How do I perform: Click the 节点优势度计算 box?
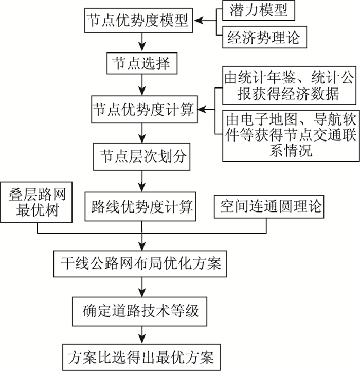(142, 110)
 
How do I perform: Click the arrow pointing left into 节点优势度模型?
(206, 22)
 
